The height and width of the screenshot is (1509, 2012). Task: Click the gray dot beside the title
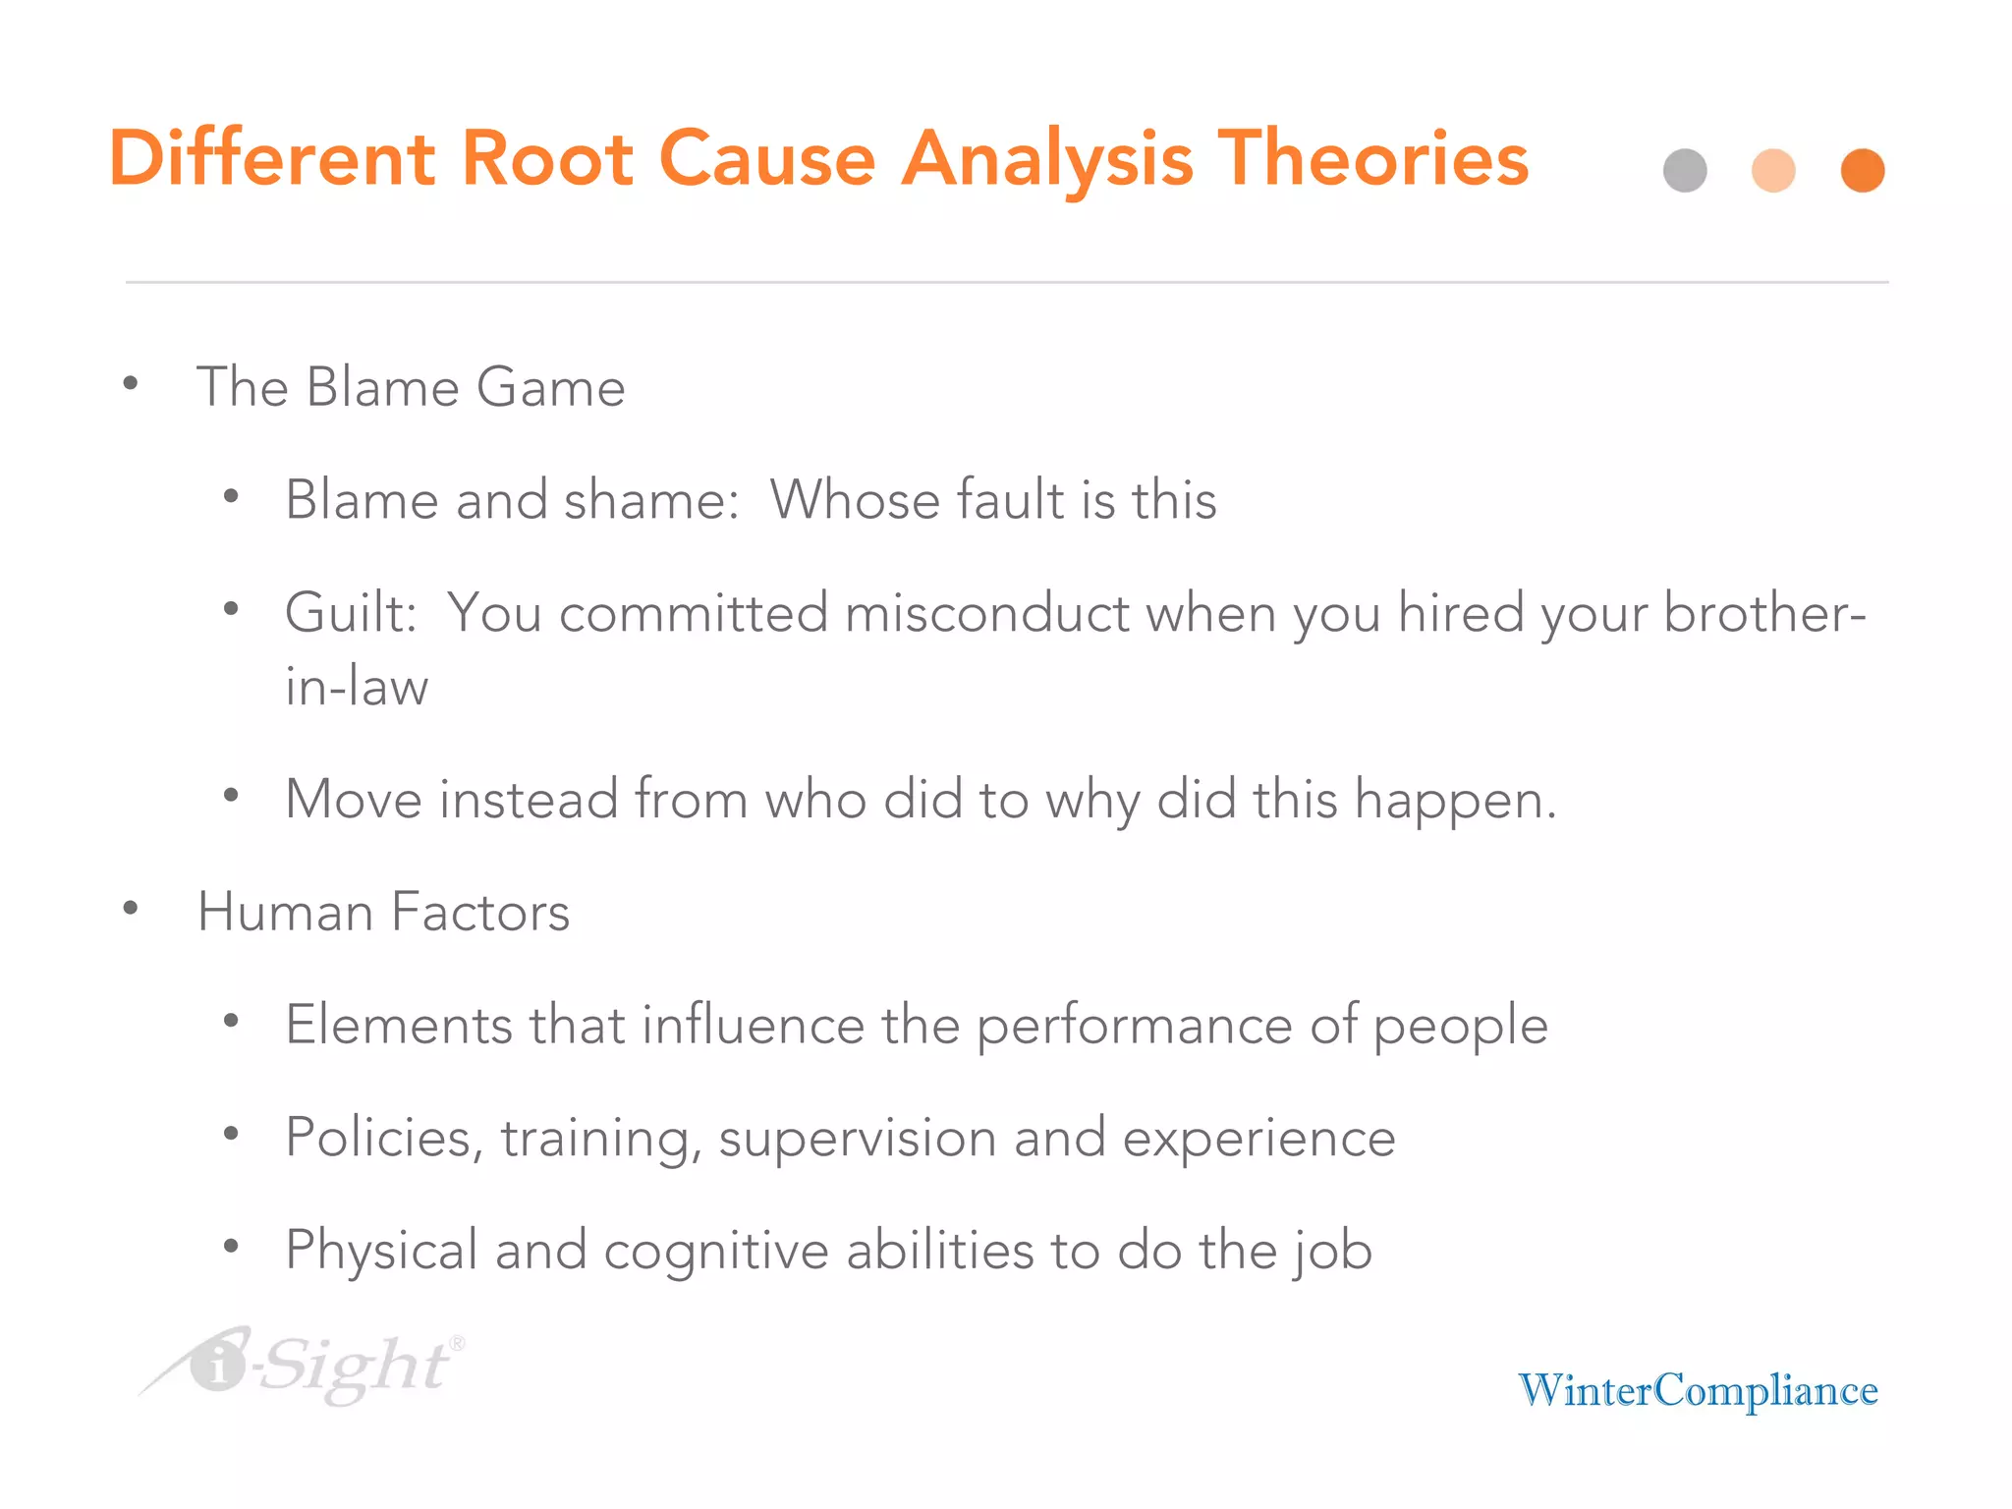[x=1685, y=171]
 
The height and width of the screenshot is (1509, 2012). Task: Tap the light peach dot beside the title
[x=1773, y=171]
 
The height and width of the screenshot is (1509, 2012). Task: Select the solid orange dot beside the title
[x=1863, y=171]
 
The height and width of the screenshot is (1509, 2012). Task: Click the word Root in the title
[x=547, y=158]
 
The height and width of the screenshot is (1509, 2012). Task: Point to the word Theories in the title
[x=1372, y=158]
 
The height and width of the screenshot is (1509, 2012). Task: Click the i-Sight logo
[x=305, y=1366]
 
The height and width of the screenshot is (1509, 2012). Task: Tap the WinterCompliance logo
[x=1698, y=1390]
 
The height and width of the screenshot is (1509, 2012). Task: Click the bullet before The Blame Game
[x=131, y=383]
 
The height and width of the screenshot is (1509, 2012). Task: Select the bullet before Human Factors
[x=131, y=909]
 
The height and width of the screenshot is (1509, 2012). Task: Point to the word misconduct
[x=986, y=613]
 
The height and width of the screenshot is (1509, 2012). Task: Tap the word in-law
[x=357, y=686]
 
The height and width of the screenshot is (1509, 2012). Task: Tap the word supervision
[x=858, y=1139]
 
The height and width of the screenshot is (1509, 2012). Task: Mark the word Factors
[x=480, y=912]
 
